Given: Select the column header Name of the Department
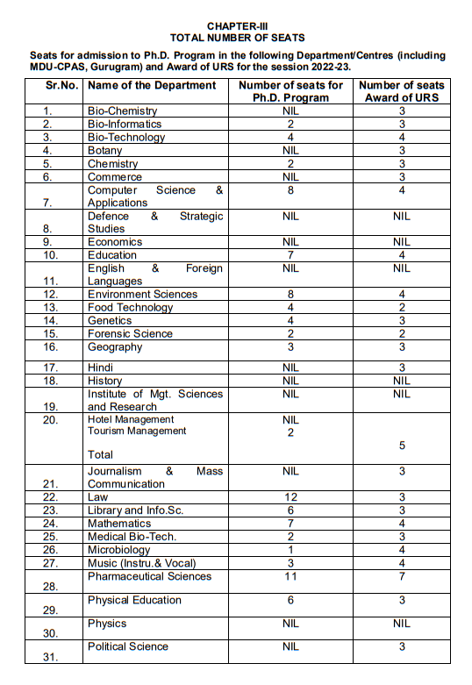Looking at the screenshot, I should pyautogui.click(x=152, y=85).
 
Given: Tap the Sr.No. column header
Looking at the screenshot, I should pyautogui.click(x=63, y=85).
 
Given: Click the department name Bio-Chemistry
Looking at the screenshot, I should pyautogui.click(x=122, y=111).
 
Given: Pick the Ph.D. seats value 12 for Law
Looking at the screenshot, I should pyautogui.click(x=291, y=497).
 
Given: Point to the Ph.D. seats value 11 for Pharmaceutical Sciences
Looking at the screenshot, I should pyautogui.click(x=291, y=576).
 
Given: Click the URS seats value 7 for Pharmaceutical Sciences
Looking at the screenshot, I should pyautogui.click(x=402, y=576).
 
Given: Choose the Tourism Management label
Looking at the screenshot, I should pyautogui.click(x=137, y=432).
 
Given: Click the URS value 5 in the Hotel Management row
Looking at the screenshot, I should pyautogui.click(x=402, y=446).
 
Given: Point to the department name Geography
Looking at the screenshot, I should pyautogui.click(x=115, y=347).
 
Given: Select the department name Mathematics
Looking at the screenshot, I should pyautogui.click(x=119, y=524).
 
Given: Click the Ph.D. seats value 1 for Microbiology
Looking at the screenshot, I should pyautogui.click(x=291, y=550).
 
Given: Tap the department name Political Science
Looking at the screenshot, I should pyautogui.click(x=128, y=646).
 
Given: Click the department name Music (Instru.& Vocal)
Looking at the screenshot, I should pyautogui.click(x=141, y=563).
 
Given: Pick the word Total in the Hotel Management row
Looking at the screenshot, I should pyautogui.click(x=101, y=455).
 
